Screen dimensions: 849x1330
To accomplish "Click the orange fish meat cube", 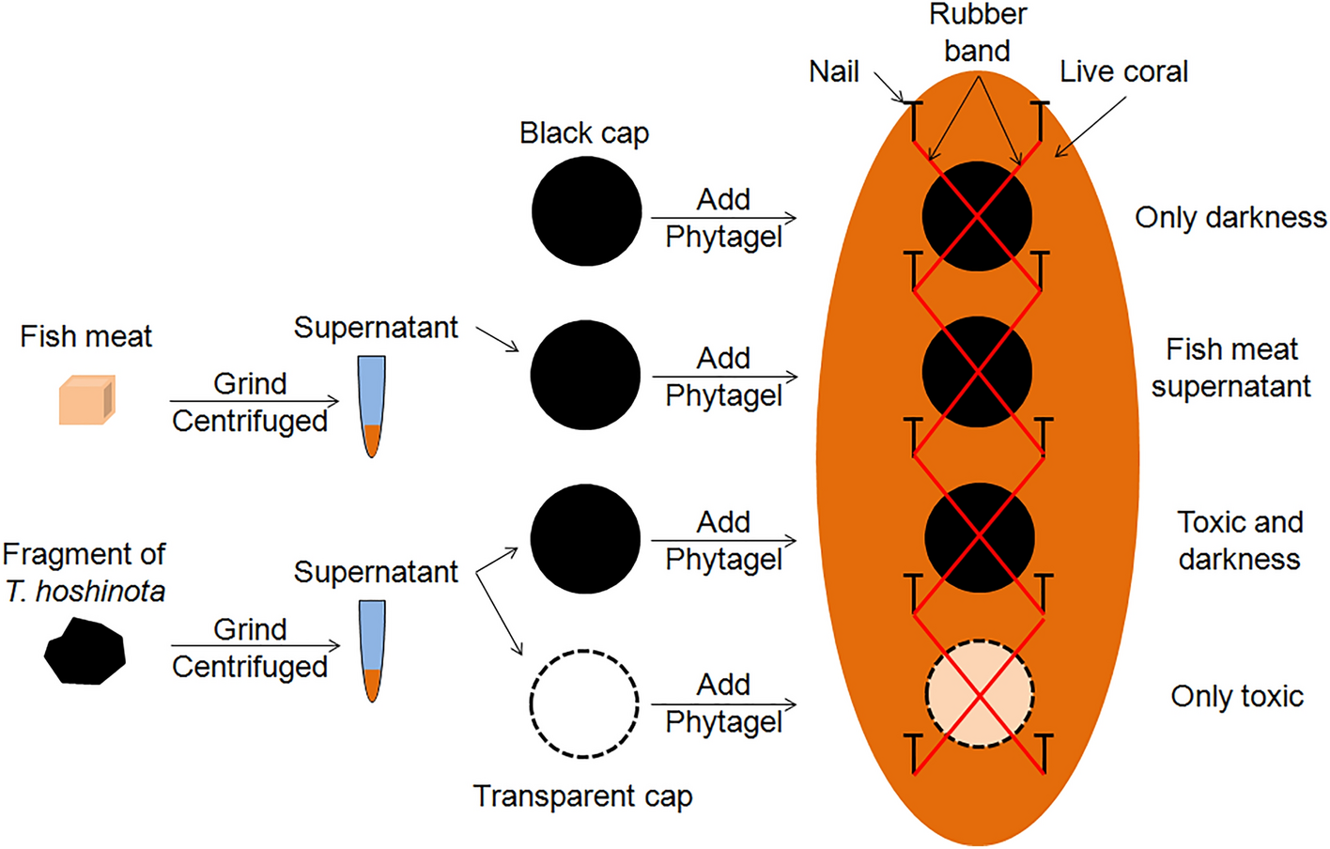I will (x=86, y=400).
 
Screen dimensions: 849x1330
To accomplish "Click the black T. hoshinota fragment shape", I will (x=85, y=651).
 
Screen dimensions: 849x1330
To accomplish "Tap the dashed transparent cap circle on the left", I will (x=584, y=703).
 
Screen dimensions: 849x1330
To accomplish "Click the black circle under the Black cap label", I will (x=586, y=211).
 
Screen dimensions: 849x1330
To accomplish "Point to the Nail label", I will (x=834, y=72).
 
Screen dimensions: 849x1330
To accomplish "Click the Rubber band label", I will (x=978, y=33).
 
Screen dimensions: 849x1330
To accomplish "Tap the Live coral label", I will (x=1123, y=72).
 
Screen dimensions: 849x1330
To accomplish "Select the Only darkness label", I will (x=1230, y=218).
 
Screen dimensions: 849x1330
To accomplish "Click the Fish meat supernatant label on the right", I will (x=1231, y=368).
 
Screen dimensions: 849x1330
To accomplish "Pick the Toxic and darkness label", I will (x=1239, y=540).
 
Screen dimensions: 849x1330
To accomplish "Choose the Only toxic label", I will (x=1237, y=697).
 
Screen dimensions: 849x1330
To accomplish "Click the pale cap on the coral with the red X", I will (x=980, y=695).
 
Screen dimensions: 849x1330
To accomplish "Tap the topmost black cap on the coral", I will (x=978, y=216).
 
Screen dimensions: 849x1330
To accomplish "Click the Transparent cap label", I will (x=582, y=796).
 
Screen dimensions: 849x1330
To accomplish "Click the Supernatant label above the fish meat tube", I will (x=376, y=328).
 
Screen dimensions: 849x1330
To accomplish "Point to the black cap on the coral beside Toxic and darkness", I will (x=980, y=537).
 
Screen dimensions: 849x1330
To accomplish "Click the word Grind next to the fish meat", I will (x=250, y=384).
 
